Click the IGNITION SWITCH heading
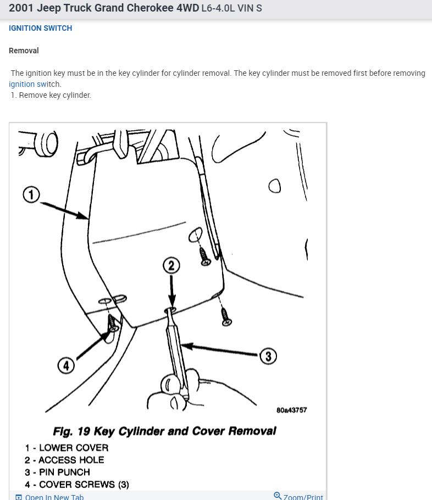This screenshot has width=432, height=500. [41, 28]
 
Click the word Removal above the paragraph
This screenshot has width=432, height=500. [24, 51]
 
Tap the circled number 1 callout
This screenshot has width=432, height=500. [31, 195]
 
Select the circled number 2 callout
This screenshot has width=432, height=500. [171, 265]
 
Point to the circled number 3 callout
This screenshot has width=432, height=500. [268, 356]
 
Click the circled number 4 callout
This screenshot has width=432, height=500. [66, 365]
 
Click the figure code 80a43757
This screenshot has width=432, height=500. [292, 410]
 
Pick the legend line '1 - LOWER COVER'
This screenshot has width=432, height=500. [67, 448]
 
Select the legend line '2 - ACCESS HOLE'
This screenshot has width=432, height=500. [64, 460]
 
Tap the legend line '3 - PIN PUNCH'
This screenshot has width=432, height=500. [57, 472]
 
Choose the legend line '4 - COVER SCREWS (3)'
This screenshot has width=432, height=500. [77, 485]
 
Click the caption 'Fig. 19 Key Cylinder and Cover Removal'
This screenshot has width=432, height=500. [164, 431]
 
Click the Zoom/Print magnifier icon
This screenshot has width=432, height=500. [278, 496]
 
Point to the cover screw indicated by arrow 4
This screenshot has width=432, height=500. [112, 323]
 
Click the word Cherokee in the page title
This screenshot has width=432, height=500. [150, 8]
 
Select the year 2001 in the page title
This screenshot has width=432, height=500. [21, 8]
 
